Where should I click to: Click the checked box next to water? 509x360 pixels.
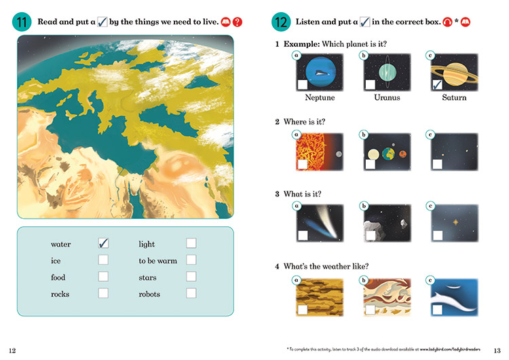point(103,243)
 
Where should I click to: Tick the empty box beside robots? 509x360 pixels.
point(191,293)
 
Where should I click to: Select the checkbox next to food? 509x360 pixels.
point(103,276)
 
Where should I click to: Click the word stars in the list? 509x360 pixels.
point(147,278)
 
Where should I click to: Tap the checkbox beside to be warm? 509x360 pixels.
point(191,259)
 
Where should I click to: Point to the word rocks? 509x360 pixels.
point(60,294)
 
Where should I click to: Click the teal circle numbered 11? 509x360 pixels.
point(22,22)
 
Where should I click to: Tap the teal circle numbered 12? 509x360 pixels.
point(281,22)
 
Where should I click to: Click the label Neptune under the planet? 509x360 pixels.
point(320,98)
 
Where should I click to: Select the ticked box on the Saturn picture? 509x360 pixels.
point(437,85)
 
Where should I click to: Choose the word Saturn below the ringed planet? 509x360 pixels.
point(454,98)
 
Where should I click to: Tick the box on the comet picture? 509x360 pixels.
point(303,236)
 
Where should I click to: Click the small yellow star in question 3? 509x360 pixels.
point(455,222)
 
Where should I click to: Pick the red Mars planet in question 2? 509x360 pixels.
point(402,154)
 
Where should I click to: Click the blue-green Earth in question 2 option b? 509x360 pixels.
point(388,154)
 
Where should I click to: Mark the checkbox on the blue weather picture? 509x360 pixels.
point(437,310)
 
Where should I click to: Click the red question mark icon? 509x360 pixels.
point(238,22)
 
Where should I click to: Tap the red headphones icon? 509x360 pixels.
point(447,22)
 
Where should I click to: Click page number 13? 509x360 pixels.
point(497,350)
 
